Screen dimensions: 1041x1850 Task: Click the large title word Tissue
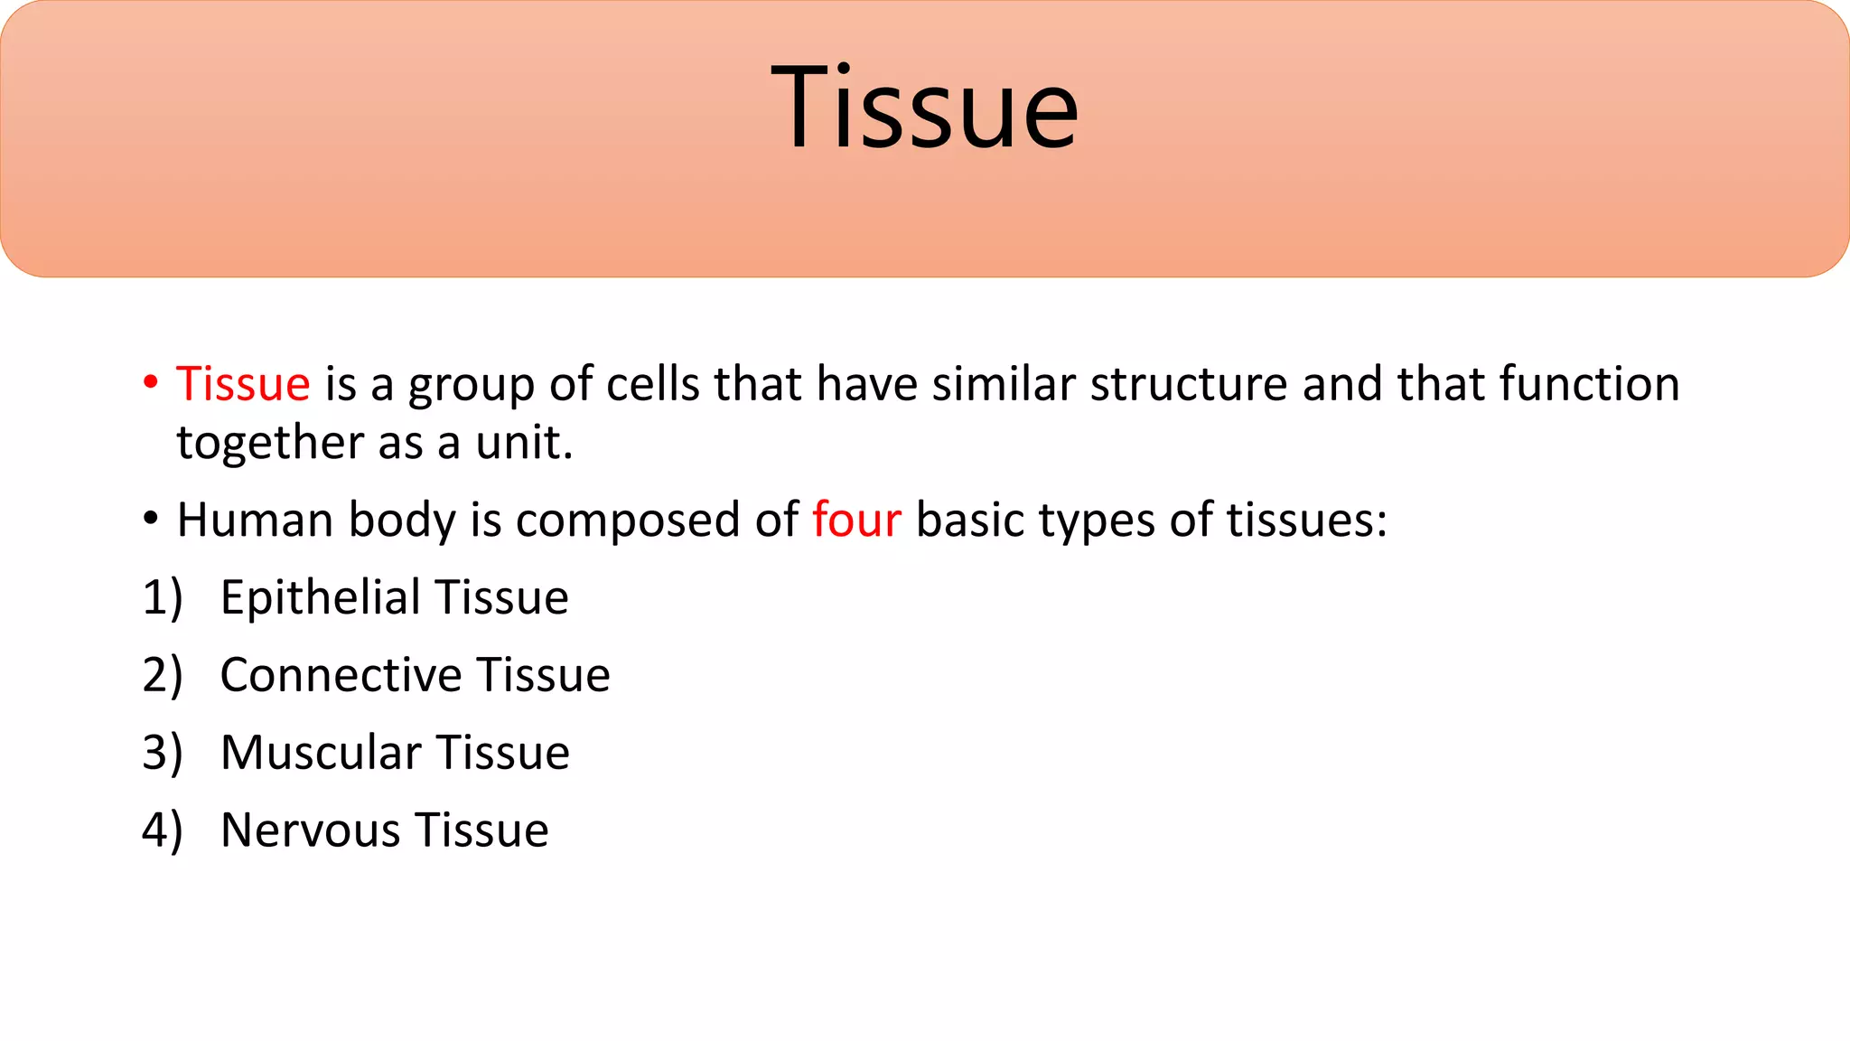tap(924, 108)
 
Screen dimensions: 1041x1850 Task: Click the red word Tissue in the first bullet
tap(243, 384)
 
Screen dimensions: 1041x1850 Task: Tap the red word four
tap(855, 520)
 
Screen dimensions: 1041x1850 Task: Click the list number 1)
tap(163, 598)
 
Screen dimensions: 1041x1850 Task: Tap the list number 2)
tap(163, 675)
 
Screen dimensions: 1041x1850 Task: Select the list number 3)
tap(163, 753)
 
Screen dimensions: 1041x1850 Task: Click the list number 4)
tap(163, 830)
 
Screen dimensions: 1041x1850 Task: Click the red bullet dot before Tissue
tap(151, 382)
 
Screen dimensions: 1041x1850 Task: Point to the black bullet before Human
tap(151, 520)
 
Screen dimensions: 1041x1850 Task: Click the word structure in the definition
tap(1189, 384)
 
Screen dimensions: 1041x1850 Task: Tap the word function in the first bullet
tap(1589, 384)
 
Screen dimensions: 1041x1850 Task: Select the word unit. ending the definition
tap(524, 444)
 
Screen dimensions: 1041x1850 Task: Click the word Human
tap(256, 520)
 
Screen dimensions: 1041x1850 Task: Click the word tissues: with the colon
tap(1306, 520)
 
